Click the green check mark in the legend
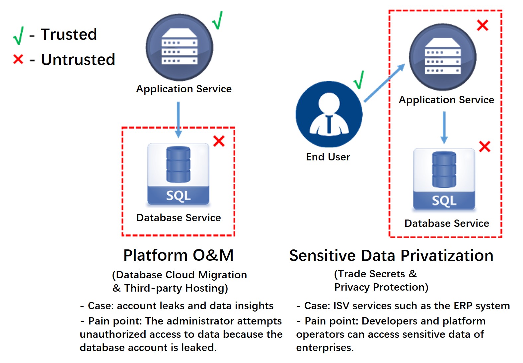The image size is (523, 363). pos(18,36)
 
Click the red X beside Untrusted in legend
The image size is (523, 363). pos(18,59)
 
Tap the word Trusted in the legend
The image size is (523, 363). pos(69,35)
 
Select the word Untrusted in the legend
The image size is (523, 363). pos(78,60)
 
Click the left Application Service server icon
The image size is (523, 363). pos(179,47)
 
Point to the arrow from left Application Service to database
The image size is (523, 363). pos(178,120)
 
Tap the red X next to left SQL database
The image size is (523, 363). pos(219,141)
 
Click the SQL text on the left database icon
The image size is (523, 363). pos(178,196)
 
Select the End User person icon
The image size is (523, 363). pos(329,114)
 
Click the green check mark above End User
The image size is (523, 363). pos(359,80)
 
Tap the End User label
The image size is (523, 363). pos(328,157)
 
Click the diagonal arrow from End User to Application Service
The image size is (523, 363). pos(384,83)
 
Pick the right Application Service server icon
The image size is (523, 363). pos(442,57)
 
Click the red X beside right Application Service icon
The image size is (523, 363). pos(482,25)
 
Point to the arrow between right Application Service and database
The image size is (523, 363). pos(444,127)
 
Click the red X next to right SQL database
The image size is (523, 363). pos(485,146)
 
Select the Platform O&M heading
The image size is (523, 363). pos(178,255)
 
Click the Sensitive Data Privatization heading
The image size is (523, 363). pos(391,256)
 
